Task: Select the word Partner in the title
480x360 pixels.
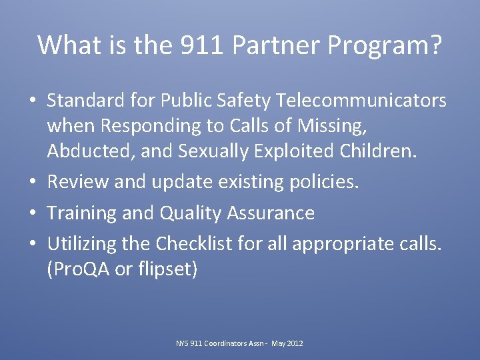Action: (265, 45)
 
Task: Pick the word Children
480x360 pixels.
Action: (379, 151)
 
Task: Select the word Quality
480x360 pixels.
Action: (190, 213)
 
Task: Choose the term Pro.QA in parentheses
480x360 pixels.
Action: (79, 270)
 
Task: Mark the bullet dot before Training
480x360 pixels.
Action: (34, 213)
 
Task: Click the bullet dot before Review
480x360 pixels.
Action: (34, 182)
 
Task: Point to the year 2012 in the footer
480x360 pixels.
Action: (294, 343)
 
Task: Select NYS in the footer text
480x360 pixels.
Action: (182, 343)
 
